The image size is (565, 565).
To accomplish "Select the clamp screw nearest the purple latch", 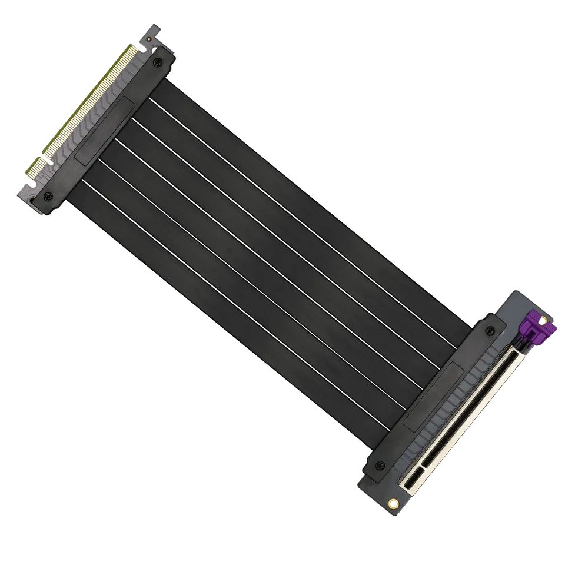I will click(x=489, y=331).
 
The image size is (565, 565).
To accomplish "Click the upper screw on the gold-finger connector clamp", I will click(x=157, y=62).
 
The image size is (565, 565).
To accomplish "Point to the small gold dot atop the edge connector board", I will click(x=150, y=39).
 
